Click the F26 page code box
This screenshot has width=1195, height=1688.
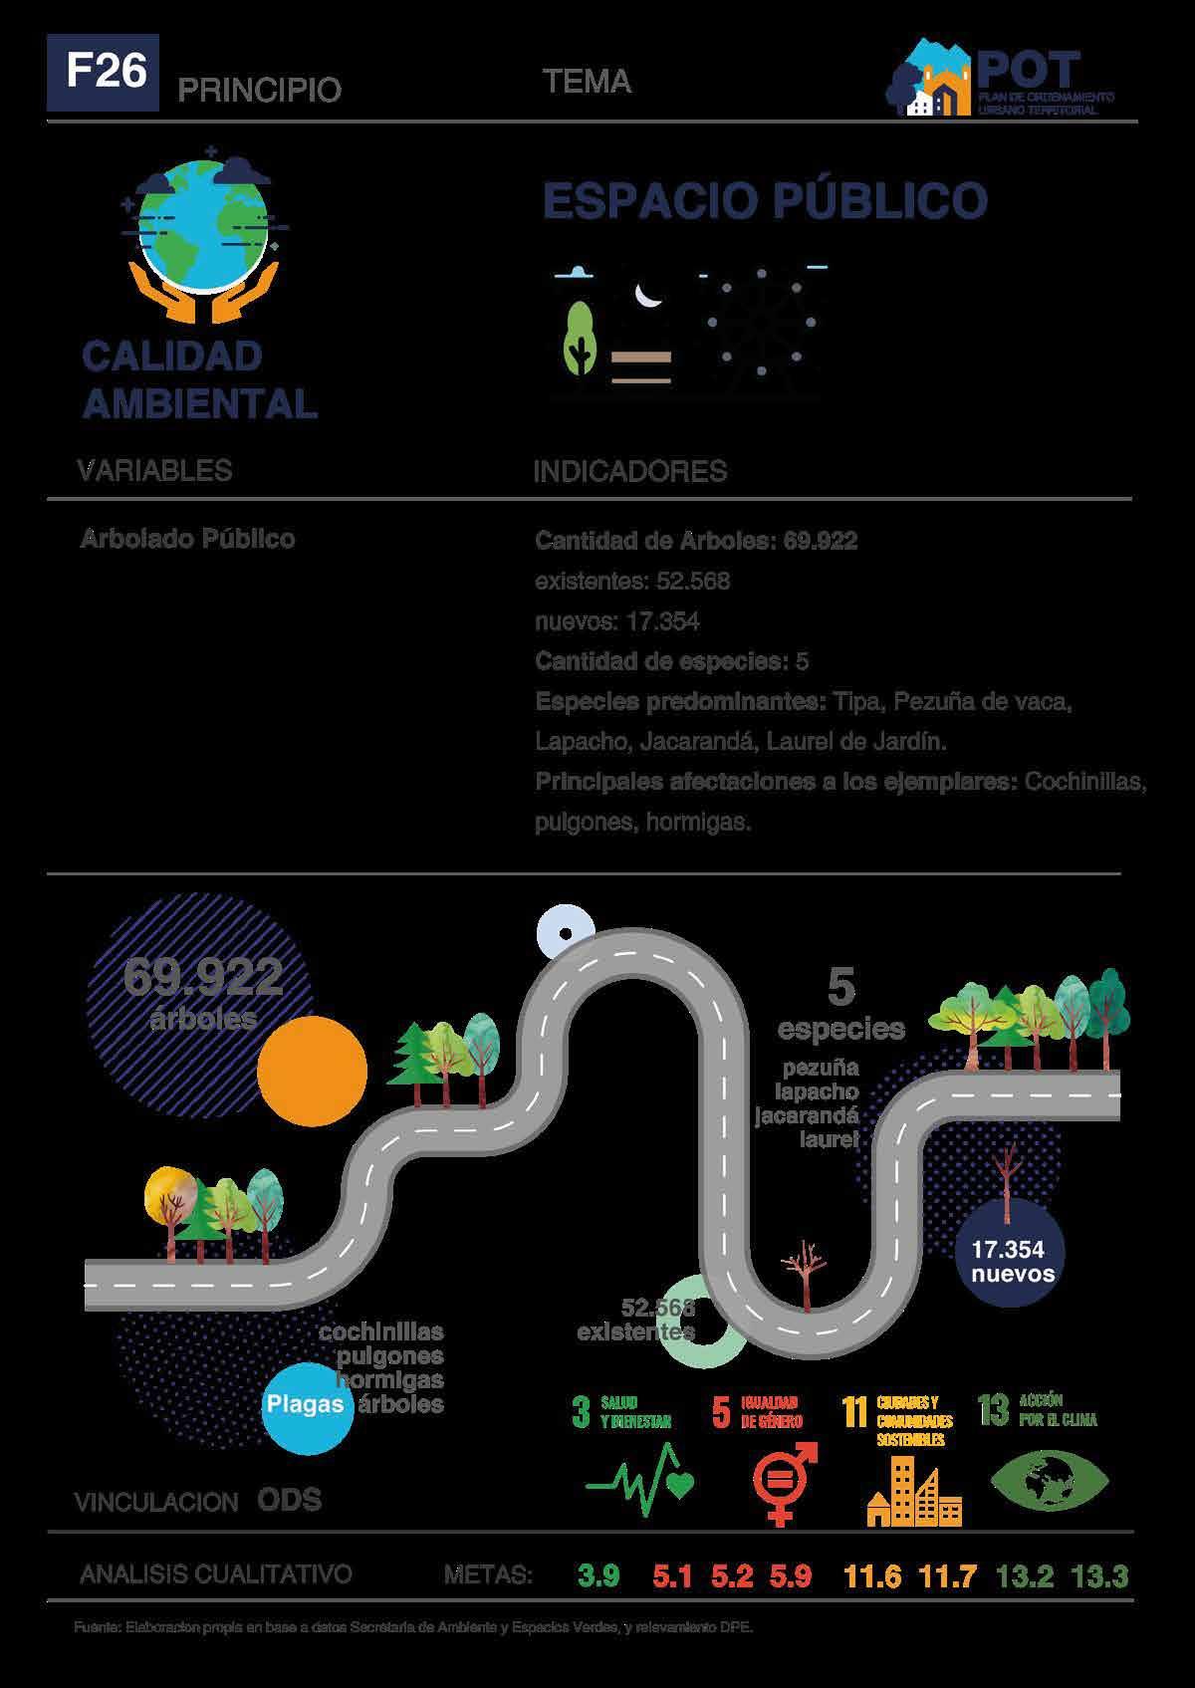pos(103,73)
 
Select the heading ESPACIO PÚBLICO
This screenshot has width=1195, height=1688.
pos(764,201)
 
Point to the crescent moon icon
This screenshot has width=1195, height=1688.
pos(649,295)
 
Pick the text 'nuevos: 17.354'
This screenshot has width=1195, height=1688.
pos(617,622)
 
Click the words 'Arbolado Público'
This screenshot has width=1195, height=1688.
pos(187,539)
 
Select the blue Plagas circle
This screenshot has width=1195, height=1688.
pos(308,1404)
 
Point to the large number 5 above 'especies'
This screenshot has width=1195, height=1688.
pos(841,986)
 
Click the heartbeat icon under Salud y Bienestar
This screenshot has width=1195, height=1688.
pos(640,1484)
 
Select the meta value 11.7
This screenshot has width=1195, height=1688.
pos(947,1576)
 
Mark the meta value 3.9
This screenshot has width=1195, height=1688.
pos(598,1576)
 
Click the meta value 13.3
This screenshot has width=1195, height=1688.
pos(1099,1576)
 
